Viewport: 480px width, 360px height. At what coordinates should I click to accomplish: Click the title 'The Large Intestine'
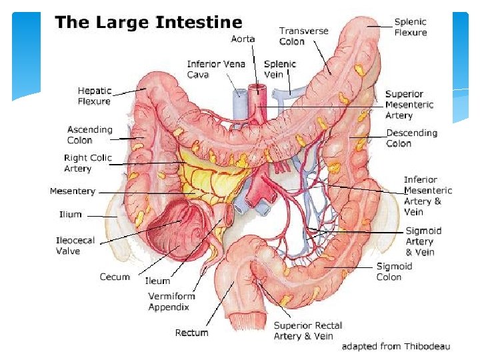click(148, 23)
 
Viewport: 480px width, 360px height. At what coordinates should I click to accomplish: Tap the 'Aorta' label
click(243, 39)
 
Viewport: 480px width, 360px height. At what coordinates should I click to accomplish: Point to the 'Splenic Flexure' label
click(411, 27)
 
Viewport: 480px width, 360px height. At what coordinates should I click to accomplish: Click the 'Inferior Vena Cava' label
click(216, 69)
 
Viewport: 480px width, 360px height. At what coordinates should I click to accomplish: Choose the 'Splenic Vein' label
click(280, 69)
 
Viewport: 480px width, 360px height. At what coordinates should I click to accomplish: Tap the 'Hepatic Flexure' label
click(95, 96)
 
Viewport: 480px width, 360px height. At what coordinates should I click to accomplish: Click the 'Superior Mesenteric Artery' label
click(409, 105)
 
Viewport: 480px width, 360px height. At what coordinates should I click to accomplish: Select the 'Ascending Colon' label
click(90, 135)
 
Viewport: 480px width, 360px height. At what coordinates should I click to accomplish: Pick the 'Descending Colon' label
click(412, 138)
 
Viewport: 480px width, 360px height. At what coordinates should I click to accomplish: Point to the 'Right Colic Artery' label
click(87, 163)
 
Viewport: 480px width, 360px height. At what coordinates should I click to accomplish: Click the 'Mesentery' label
click(73, 192)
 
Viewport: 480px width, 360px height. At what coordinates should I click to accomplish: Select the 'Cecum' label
click(115, 277)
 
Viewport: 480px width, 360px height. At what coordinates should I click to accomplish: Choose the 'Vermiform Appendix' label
click(169, 301)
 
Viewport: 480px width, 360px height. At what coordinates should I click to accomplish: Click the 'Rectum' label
click(191, 333)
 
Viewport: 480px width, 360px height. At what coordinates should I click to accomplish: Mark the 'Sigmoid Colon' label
click(394, 271)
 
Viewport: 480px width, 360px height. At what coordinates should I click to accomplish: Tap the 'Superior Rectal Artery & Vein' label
click(308, 331)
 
